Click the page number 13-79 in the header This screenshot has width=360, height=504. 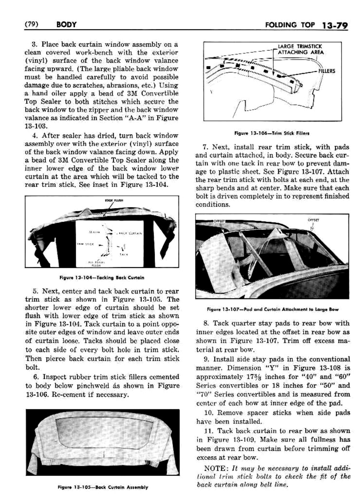coord(335,25)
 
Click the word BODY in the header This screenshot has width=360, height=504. coord(67,25)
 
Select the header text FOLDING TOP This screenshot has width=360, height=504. coord(290,25)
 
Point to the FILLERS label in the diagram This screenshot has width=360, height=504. coord(327,71)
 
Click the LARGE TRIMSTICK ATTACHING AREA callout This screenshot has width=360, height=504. coord(300,49)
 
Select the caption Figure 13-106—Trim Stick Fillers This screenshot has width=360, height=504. coord(272,133)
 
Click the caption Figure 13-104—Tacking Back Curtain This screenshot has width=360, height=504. coord(102,278)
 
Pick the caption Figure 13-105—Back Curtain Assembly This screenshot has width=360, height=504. coord(103,487)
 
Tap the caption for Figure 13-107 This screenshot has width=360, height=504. coord(273,309)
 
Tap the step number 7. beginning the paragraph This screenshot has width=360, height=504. coord(205,147)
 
